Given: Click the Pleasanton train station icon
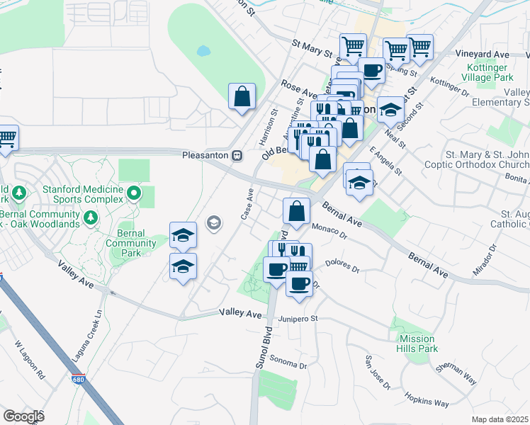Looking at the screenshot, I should click(238, 155).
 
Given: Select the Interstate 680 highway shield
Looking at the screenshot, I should click(78, 379).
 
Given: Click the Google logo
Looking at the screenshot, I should click(23, 416).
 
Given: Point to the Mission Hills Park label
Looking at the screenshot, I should click(417, 344).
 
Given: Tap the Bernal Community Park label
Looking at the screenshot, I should click(130, 244).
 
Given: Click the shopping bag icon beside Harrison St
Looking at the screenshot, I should click(242, 96).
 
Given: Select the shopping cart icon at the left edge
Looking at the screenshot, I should click(6, 137).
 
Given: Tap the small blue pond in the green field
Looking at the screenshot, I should click(204, 51).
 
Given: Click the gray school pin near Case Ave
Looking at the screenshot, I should click(213, 224).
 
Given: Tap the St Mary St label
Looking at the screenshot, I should click(312, 47).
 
